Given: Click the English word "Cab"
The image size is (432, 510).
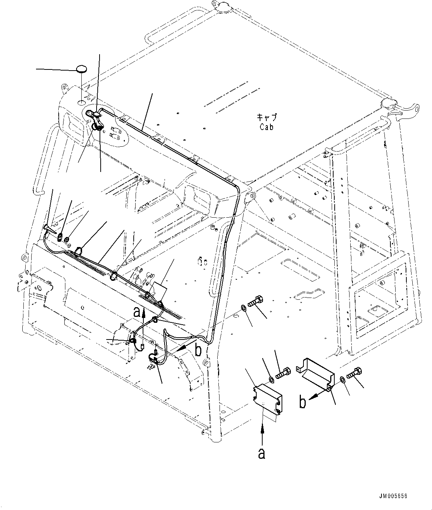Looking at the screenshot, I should pos(266,127).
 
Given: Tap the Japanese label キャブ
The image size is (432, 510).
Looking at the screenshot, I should pos(267,117).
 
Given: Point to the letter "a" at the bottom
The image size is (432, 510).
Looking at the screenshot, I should pos(262,454).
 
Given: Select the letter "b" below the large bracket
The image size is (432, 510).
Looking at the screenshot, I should pos(303,402).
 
